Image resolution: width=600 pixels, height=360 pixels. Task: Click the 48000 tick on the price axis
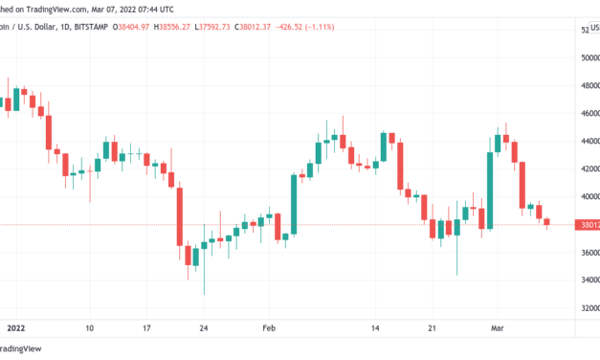pyautogui.click(x=588, y=84)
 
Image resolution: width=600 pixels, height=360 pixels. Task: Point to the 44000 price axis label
pyautogui.click(x=588, y=141)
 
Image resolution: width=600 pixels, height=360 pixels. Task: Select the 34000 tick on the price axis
pyautogui.click(x=588, y=281)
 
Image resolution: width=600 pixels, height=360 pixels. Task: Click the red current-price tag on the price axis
pyautogui.click(x=586, y=225)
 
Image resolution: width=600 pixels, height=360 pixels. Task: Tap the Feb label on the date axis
pyautogui.click(x=270, y=327)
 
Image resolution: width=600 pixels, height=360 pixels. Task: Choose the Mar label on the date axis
pyautogui.click(x=509, y=327)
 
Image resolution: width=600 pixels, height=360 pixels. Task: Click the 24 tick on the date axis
pyautogui.click(x=204, y=327)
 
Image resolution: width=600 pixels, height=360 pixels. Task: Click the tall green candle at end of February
pyautogui.click(x=490, y=190)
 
